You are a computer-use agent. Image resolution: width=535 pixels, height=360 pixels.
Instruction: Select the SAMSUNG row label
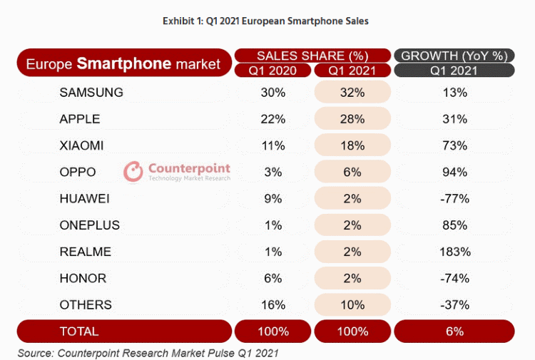click(x=91, y=93)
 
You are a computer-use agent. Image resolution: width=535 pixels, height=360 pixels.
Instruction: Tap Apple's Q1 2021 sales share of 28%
click(x=352, y=119)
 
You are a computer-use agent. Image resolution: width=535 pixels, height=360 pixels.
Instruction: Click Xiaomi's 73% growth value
click(x=454, y=145)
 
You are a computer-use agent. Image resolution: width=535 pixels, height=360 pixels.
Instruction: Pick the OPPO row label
click(x=78, y=172)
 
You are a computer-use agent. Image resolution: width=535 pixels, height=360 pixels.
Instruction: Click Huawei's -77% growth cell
click(x=454, y=199)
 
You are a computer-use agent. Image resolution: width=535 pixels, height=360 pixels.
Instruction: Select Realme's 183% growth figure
click(x=454, y=252)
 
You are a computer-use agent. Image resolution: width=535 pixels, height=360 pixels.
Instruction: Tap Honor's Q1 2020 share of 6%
click(x=273, y=278)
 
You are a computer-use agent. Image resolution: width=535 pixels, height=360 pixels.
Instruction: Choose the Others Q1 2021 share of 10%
click(x=352, y=304)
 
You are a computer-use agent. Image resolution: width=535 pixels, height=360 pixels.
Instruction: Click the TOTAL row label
click(x=80, y=331)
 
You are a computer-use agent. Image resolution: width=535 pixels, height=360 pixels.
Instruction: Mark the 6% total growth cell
click(x=454, y=331)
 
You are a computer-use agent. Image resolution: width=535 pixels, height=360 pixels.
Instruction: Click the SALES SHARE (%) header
click(x=312, y=56)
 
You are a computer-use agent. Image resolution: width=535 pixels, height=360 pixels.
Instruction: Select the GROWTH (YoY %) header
click(x=454, y=56)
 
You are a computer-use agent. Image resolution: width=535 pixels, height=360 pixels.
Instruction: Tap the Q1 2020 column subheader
click(x=273, y=71)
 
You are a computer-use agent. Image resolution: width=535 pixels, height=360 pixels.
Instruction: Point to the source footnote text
click(x=148, y=353)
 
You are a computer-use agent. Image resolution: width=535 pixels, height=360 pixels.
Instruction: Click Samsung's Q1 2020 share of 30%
click(x=273, y=93)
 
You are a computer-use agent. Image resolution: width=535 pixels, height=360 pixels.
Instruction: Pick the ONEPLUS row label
click(x=90, y=225)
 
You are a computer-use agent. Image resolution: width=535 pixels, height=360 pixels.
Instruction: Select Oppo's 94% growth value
click(x=454, y=172)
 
